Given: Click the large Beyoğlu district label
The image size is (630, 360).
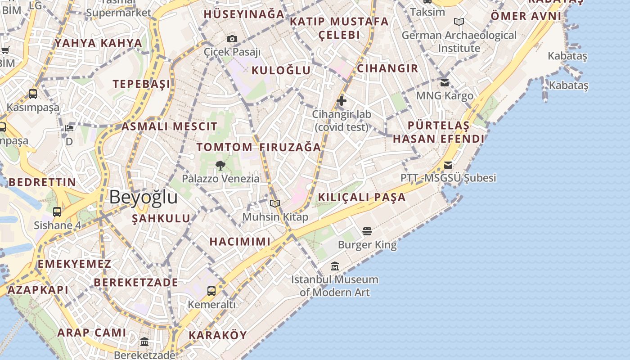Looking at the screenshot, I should pos(143,197).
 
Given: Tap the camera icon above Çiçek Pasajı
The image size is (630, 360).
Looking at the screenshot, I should pos(232,39).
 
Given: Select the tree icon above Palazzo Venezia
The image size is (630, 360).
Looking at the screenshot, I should pos(220,165).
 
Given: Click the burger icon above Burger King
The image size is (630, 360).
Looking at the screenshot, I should pos(367,232).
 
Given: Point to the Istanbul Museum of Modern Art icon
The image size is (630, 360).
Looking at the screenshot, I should pos(334,266).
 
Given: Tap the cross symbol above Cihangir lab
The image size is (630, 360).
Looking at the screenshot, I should pos(342,101).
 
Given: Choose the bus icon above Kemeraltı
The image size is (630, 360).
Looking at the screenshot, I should pos(211,291).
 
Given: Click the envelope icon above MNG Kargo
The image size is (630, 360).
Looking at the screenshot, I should pos(445,83).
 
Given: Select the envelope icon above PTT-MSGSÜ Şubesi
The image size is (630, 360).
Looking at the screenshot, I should pos(448,165).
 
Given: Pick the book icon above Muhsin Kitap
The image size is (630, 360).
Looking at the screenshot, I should pos(275,204).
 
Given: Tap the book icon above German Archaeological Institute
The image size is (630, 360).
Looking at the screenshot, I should pos(459,22).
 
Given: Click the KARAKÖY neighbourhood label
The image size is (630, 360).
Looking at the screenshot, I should pos(218,335).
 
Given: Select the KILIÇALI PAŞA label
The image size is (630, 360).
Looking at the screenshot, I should pos(362,197).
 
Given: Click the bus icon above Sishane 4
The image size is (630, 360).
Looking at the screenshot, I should pos(57,212).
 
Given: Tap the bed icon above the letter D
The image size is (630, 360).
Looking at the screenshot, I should pos(69,128).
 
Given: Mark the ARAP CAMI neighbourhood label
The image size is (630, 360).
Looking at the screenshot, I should pos(92,333).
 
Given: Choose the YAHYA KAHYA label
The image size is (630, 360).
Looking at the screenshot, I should pos(99,43).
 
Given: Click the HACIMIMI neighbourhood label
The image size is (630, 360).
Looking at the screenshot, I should pos(240,242).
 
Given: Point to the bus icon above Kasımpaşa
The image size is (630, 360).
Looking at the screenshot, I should pos(33,94).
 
